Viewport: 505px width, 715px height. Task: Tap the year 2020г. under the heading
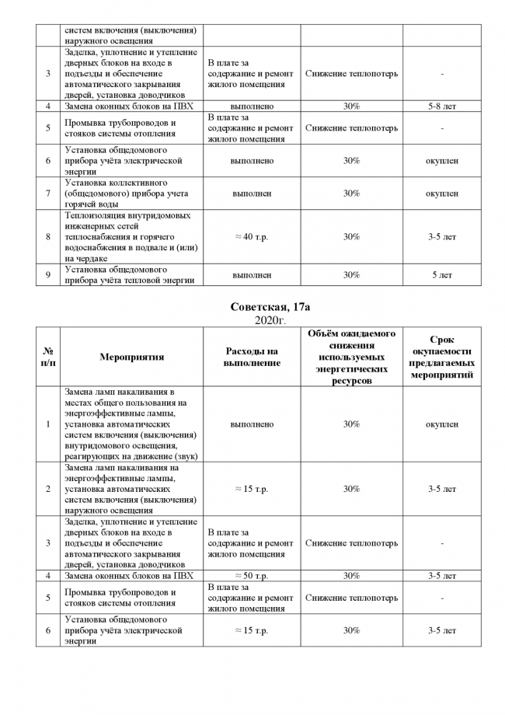coord(270,320)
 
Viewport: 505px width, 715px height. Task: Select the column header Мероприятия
coord(132,357)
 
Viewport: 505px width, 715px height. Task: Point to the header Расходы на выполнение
coord(252,357)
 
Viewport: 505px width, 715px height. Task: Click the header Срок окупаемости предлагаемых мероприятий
coord(441,357)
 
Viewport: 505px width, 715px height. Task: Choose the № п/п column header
coord(48,357)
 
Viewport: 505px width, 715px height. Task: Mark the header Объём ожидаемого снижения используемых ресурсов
coord(351,357)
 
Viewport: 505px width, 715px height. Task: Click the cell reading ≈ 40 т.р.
coord(252,237)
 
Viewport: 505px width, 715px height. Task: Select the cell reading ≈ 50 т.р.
coord(252,576)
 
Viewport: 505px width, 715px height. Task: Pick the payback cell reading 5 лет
coord(441,275)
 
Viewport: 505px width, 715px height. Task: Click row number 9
coord(48,275)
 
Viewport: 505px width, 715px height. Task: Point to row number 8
coord(48,237)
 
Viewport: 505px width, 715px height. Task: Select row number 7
coord(48,194)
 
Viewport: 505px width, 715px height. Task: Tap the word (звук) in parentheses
coord(183,456)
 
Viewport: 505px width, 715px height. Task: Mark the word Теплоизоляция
coord(96,215)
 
